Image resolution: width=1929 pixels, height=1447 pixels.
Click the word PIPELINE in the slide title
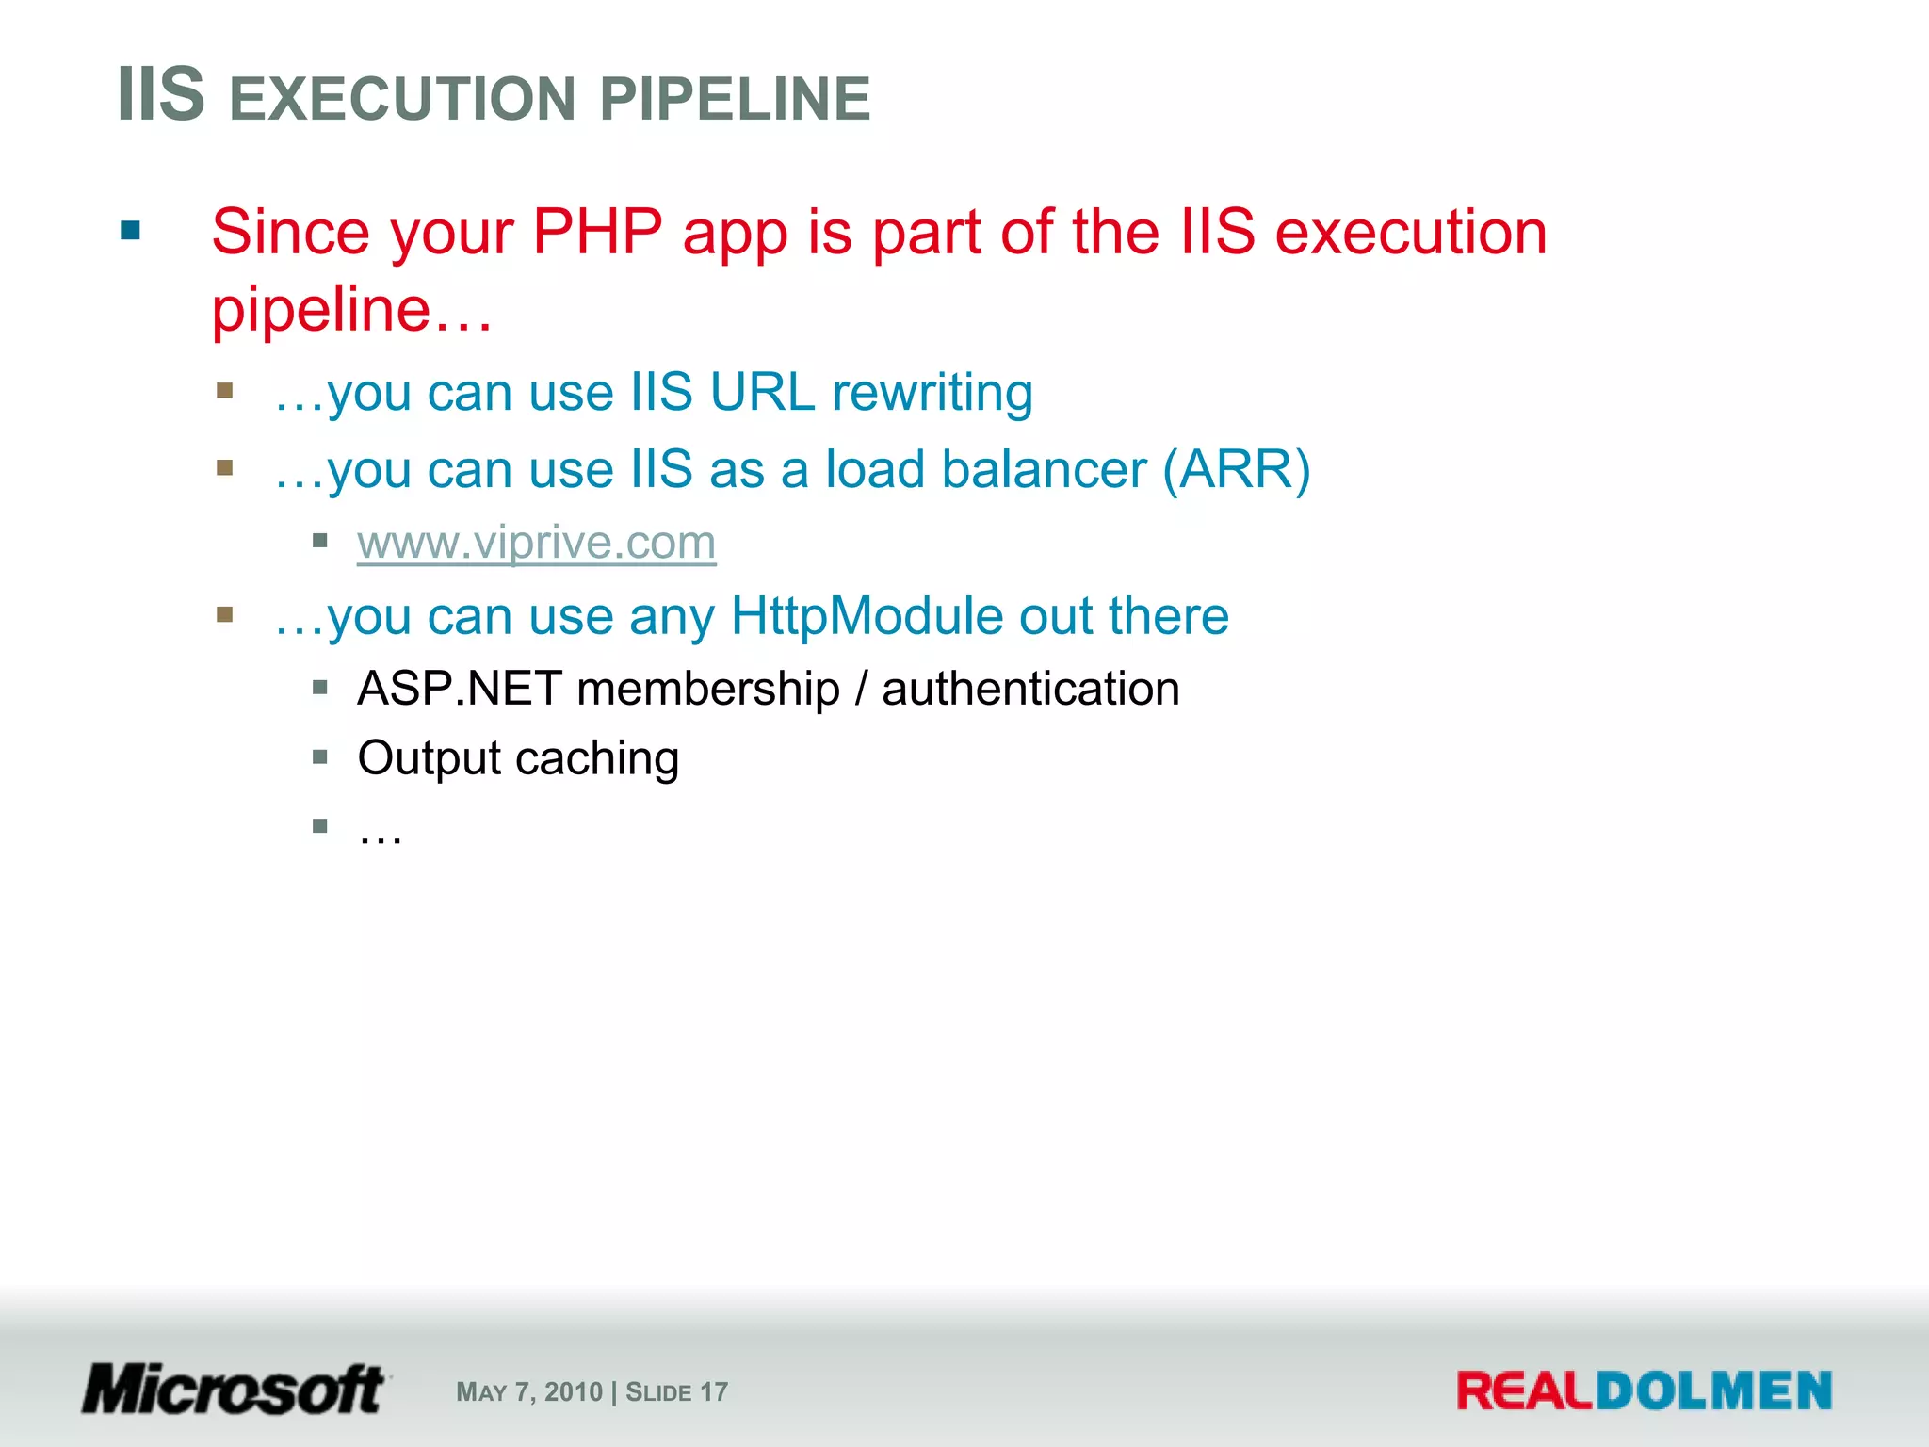(735, 99)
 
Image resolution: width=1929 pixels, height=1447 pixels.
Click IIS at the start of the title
(161, 95)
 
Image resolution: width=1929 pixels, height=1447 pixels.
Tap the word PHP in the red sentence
(597, 232)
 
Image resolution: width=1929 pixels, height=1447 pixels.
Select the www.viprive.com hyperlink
(536, 543)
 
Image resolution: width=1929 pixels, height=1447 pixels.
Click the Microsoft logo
(234, 1390)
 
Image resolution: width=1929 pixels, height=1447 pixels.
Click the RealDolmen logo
(1644, 1391)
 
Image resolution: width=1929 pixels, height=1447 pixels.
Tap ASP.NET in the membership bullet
(460, 689)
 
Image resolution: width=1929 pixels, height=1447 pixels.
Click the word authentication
(1030, 689)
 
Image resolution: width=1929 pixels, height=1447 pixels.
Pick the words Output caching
(518, 758)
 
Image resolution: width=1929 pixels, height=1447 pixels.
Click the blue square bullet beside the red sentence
(131, 231)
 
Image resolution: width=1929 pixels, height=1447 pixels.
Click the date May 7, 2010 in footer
(528, 1392)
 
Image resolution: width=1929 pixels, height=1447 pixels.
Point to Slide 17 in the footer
(676, 1392)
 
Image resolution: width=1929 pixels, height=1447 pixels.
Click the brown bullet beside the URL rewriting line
(224, 391)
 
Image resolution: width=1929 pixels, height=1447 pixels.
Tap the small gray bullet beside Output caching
(320, 756)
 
